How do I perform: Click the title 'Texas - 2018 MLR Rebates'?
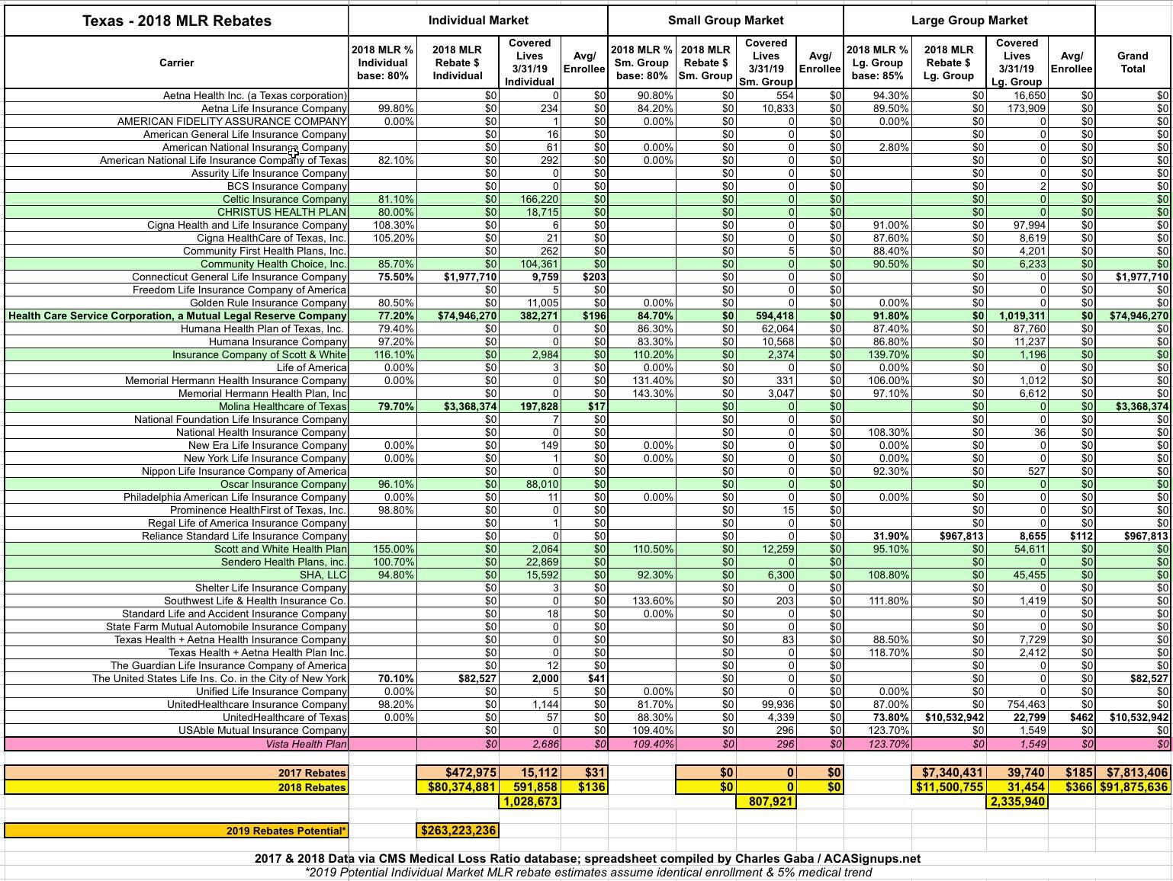[x=176, y=21]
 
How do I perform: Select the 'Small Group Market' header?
[x=725, y=21]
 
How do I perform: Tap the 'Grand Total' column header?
[x=1133, y=62]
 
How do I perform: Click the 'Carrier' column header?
[x=176, y=62]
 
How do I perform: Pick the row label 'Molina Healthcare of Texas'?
[x=282, y=406]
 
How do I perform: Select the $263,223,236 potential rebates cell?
[x=458, y=831]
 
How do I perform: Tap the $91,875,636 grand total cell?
[x=1133, y=787]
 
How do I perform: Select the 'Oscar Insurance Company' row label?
[x=283, y=484]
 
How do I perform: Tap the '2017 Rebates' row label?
[x=312, y=773]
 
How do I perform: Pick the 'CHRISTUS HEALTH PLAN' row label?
[x=281, y=212]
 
